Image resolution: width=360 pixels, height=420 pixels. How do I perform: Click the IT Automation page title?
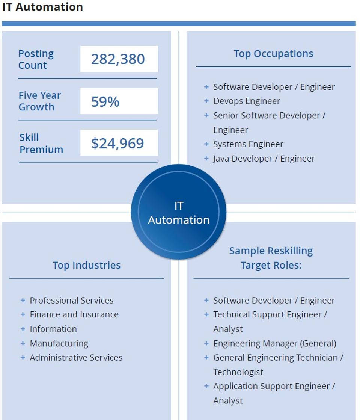42,7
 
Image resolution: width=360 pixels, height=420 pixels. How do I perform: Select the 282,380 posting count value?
118,59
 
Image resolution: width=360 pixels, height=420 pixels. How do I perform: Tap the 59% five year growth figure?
105,101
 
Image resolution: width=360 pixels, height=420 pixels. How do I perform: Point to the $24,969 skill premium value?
117,143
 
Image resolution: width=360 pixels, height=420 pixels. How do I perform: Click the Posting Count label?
36,59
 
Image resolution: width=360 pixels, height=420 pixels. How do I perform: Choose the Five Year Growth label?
39,101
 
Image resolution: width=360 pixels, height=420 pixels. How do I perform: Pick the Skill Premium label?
41,143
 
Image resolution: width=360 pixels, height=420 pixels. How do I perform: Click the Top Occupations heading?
273,54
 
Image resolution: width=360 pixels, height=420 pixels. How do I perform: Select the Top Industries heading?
86,265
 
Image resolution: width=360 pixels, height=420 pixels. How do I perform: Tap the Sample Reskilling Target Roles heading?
271,258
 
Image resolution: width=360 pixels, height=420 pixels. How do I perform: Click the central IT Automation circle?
179,213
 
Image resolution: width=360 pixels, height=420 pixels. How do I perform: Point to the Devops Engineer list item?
247,101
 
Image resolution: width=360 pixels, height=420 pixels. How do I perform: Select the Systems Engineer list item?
248,144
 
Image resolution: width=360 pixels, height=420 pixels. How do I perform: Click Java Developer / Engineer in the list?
264,159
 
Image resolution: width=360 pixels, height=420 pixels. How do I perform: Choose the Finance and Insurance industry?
74,314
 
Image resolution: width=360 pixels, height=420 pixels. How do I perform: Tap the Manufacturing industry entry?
59,343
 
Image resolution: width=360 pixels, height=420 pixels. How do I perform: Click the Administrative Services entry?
76,358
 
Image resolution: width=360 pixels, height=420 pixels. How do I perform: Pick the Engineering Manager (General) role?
275,343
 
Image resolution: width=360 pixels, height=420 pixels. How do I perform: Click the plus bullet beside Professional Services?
23,301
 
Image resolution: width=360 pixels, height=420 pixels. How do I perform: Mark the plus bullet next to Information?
23,329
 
